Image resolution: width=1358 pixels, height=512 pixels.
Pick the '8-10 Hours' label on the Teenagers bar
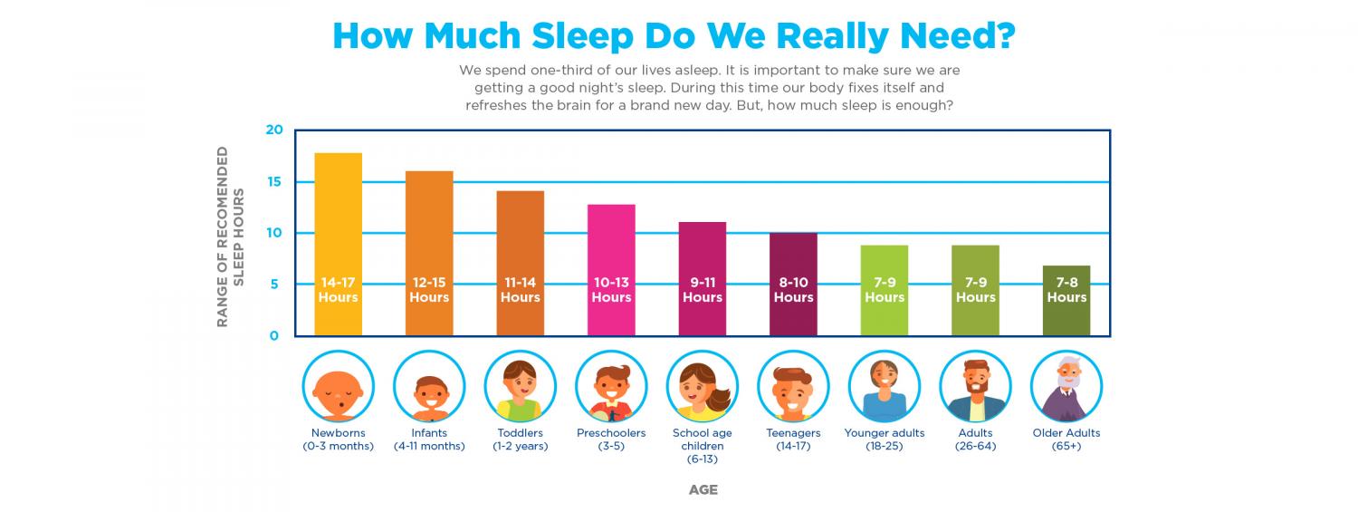point(793,290)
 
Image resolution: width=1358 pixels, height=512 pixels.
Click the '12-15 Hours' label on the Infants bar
point(429,290)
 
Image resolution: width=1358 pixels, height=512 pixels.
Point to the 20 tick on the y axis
point(274,130)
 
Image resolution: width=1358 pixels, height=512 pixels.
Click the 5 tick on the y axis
point(274,285)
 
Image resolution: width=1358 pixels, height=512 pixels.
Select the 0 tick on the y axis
point(274,336)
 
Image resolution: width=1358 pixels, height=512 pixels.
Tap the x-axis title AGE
point(703,489)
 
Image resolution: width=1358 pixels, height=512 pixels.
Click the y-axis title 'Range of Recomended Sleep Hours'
point(230,236)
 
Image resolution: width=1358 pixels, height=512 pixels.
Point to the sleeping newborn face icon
point(338,386)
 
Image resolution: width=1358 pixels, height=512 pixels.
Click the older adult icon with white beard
point(1066,386)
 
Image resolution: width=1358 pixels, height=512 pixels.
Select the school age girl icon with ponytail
point(703,386)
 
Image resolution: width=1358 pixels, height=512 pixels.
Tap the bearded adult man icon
point(975,386)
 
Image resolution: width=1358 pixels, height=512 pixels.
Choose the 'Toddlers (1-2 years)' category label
point(520,440)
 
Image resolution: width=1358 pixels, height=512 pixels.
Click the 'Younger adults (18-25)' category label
point(884,440)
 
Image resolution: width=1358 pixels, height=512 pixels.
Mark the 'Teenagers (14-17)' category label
point(793,440)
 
